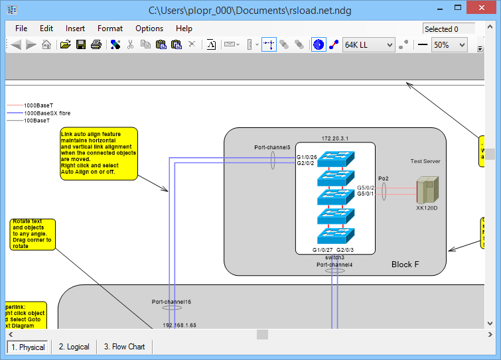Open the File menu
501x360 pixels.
[21, 29]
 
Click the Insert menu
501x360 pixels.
[75, 29]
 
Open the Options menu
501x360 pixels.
[149, 29]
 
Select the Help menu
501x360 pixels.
[184, 29]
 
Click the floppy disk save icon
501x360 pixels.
[80, 45]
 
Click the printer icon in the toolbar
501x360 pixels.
[96, 45]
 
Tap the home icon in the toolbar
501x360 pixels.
[46, 45]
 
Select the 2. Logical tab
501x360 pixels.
[74, 347]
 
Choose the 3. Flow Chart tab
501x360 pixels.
[125, 347]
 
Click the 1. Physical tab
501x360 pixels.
[28, 347]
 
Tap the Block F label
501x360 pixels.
[405, 265]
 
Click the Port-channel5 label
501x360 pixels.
[272, 147]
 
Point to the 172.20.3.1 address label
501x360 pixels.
[335, 138]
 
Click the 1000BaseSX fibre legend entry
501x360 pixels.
[47, 113]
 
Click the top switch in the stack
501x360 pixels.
[336, 159]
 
